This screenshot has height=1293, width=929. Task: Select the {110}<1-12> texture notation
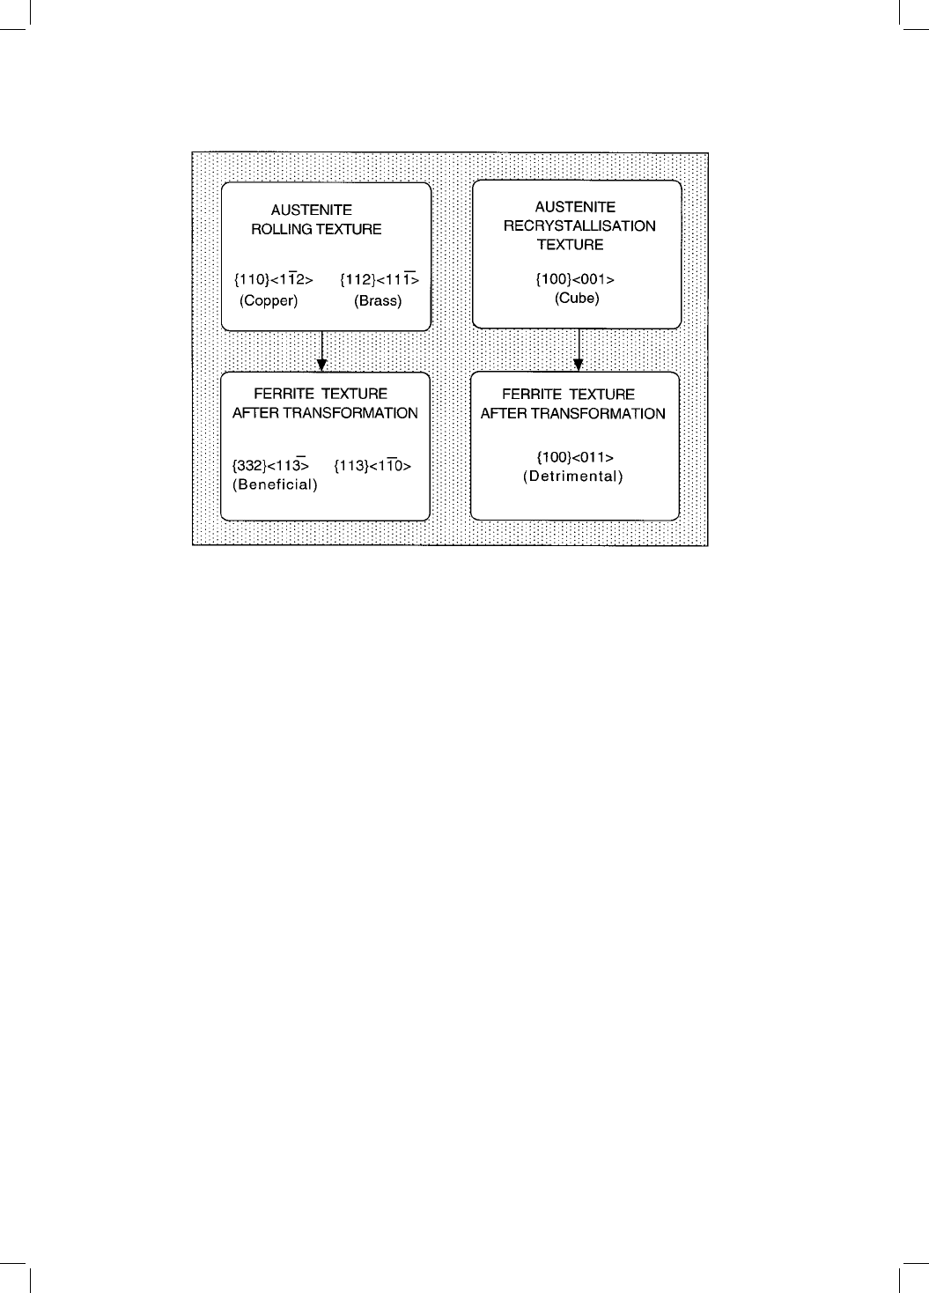(274, 279)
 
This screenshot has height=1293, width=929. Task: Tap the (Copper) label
(269, 300)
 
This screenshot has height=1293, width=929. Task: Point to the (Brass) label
(378, 300)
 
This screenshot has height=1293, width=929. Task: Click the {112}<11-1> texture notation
(380, 279)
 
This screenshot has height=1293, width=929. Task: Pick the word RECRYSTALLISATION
(579, 225)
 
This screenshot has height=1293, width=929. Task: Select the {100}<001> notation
(575, 279)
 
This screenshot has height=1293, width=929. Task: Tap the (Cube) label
(577, 299)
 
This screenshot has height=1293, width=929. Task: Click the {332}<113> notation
(270, 465)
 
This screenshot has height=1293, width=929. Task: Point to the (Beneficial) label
(276, 484)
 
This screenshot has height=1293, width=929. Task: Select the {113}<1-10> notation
(372, 465)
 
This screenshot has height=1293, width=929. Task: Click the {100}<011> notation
(575, 457)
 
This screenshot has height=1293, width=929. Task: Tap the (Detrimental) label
(573, 477)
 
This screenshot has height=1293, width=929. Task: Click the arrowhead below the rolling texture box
(322, 366)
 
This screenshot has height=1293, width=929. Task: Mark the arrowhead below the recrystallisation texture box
(579, 365)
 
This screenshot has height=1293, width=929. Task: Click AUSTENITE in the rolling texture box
(312, 210)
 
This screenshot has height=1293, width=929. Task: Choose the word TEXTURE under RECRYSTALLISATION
(570, 245)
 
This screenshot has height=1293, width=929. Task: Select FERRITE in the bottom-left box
(284, 394)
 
